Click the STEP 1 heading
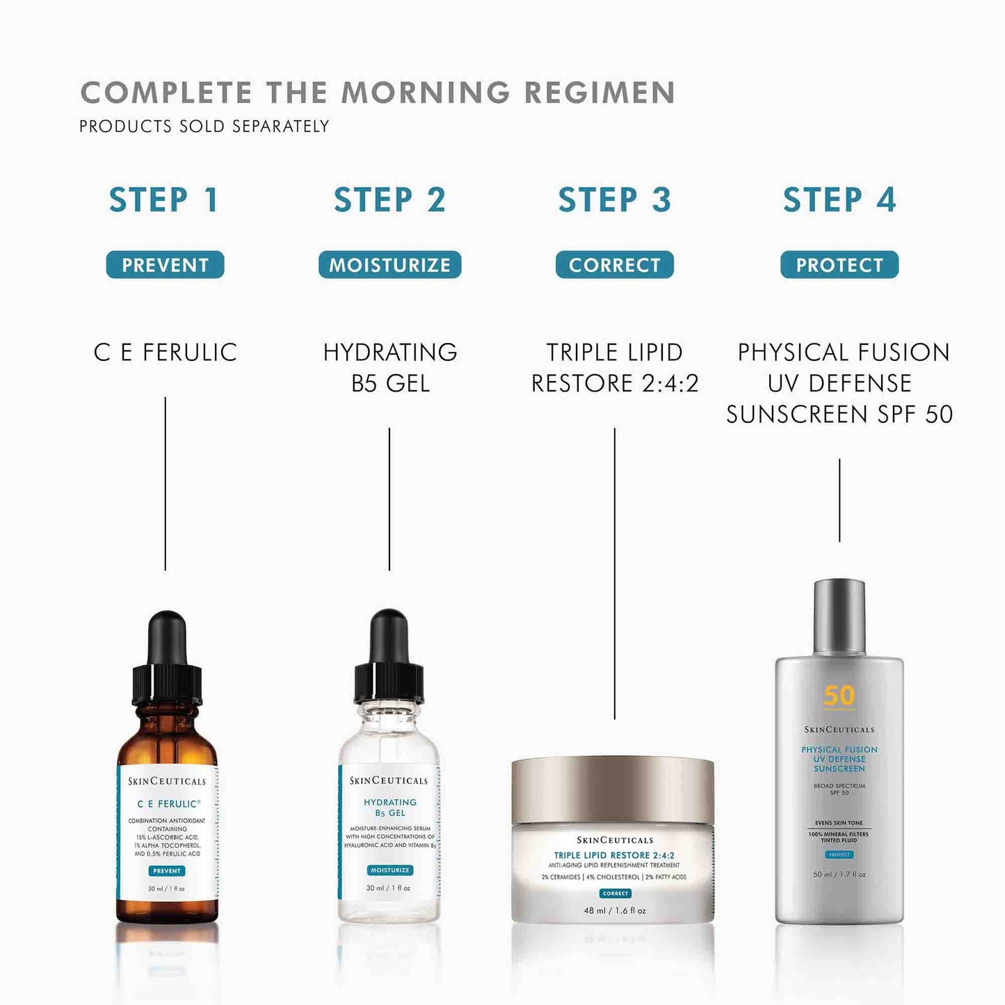[164, 200]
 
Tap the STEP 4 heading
[839, 200]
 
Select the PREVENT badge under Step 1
[165, 265]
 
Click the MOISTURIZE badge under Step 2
[389, 265]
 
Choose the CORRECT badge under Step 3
[614, 265]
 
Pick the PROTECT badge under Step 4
[839, 265]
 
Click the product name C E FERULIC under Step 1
[166, 353]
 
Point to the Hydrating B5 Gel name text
[390, 368]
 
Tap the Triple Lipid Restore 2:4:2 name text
[614, 368]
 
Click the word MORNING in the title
[426, 93]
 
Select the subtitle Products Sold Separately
[204, 127]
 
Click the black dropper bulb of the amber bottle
[167, 636]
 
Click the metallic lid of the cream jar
[613, 789]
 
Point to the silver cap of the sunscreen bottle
[839, 616]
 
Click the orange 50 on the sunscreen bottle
[839, 696]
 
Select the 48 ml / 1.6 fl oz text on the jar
[615, 910]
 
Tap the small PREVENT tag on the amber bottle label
[167, 871]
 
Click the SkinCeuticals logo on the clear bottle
[389, 781]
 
